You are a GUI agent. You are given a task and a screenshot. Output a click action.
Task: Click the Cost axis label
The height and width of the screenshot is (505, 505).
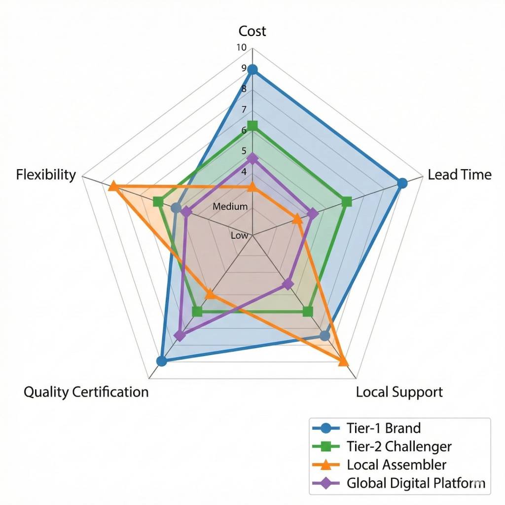[x=252, y=31]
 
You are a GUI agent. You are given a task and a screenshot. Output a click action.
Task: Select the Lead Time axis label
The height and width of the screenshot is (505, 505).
[x=460, y=175]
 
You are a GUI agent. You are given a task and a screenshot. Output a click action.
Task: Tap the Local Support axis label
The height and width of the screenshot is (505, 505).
[x=399, y=392]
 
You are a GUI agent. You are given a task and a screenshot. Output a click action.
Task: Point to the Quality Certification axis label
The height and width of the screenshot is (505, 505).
[x=86, y=392]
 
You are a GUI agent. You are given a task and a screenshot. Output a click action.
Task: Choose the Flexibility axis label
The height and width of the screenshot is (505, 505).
[x=46, y=175]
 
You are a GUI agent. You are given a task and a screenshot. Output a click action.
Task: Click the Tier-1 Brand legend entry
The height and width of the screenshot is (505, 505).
[x=384, y=427]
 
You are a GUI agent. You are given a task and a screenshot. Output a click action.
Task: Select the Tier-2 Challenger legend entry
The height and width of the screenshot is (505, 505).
[x=399, y=446]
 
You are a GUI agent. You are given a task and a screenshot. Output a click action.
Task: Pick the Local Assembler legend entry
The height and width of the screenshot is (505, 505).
[x=397, y=465]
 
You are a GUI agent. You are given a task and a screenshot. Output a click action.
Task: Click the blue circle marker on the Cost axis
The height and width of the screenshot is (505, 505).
[x=252, y=70]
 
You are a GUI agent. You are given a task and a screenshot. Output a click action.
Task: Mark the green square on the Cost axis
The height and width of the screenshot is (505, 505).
[x=252, y=126]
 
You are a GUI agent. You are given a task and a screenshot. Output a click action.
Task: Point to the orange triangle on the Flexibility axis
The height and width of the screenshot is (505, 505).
[x=113, y=186]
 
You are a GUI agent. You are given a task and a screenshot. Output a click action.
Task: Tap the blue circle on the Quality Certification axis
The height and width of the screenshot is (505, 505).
[x=161, y=361]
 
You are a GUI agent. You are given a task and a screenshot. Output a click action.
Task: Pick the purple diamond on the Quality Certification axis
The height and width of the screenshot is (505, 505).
[x=180, y=336]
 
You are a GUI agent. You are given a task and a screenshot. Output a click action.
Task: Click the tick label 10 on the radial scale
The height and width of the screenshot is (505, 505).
[x=241, y=48]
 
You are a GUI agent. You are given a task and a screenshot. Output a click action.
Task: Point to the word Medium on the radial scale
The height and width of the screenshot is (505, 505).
[x=230, y=207]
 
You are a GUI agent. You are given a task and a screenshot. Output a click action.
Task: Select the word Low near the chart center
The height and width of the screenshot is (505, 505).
[x=239, y=236]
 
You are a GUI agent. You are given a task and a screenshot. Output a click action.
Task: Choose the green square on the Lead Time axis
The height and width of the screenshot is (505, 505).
[x=347, y=201]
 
